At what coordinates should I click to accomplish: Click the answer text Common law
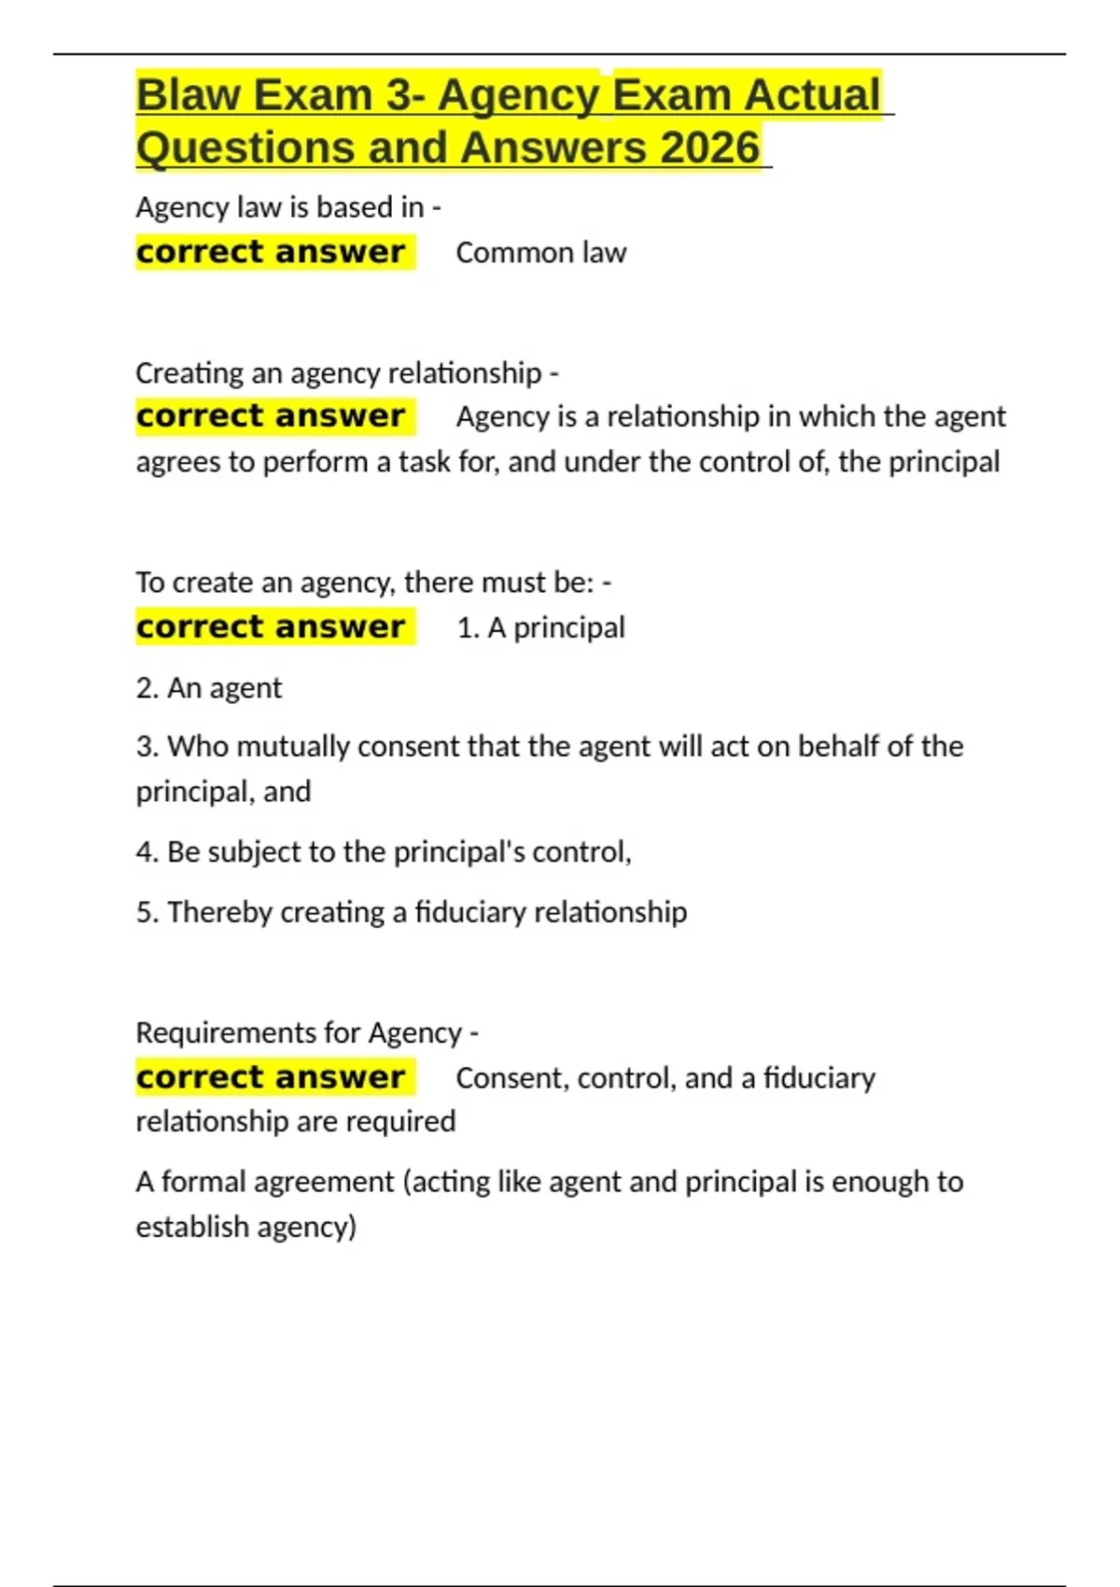click(x=540, y=253)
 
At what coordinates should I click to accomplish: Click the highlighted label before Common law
click(x=271, y=252)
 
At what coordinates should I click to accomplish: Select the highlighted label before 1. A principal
click(x=271, y=627)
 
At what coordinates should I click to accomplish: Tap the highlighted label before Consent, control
click(x=271, y=1077)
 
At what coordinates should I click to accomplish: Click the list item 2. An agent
click(x=208, y=688)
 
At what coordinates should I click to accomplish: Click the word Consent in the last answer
click(x=512, y=1078)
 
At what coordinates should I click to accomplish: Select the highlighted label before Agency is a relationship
click(x=271, y=416)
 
